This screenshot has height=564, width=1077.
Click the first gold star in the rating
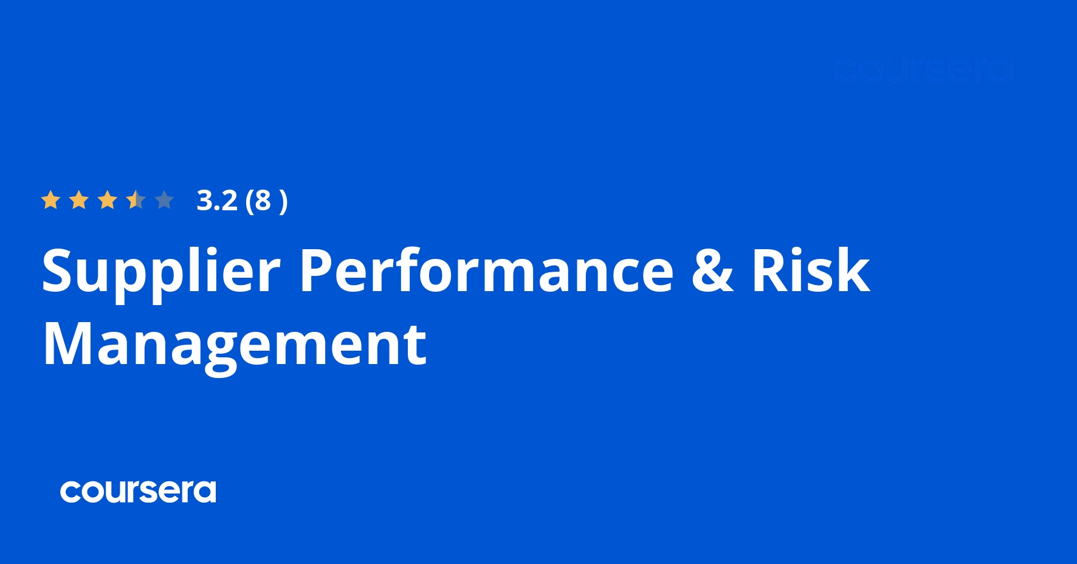click(50, 200)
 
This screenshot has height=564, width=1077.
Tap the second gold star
click(79, 200)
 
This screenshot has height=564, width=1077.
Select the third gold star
click(108, 200)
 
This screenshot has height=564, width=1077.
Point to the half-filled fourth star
click(136, 200)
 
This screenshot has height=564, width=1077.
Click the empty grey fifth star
click(165, 200)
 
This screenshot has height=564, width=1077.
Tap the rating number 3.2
click(217, 201)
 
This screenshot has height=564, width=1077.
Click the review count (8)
click(266, 201)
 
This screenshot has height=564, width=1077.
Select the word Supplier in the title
click(161, 272)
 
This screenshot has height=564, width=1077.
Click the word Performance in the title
click(487, 271)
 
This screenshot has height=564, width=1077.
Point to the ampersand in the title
click(713, 271)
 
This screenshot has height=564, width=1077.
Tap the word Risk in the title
click(811, 271)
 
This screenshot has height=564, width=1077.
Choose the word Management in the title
click(235, 345)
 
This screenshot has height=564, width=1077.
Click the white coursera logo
click(138, 491)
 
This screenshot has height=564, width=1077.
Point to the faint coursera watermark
click(923, 70)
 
